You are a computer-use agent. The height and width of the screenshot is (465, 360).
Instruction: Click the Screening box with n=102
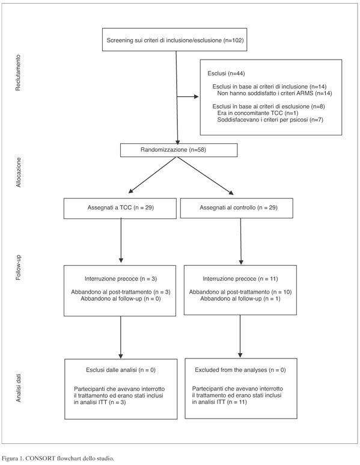174,40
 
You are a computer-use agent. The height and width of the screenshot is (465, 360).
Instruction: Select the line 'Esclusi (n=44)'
226,73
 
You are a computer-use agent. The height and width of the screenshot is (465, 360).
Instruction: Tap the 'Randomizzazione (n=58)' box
178,150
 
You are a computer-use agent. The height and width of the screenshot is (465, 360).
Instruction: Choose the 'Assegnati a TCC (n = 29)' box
120,208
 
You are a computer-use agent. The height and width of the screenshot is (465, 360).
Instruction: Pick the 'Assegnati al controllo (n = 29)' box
236,208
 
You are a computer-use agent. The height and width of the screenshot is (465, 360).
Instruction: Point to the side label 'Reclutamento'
19,72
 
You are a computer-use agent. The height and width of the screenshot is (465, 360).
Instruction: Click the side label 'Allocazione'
19,172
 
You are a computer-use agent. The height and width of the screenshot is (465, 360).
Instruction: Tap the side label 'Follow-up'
19,268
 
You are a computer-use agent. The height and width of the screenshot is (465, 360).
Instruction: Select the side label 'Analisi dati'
19,388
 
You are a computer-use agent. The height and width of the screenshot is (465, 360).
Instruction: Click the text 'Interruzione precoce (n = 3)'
121,279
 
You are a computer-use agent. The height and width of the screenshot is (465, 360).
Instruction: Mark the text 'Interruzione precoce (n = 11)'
240,279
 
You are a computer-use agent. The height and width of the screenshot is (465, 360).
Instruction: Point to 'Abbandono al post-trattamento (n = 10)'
240,292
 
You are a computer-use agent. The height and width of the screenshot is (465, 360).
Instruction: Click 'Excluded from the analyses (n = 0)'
240,370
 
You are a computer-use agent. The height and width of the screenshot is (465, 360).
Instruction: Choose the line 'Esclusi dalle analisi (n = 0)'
121,370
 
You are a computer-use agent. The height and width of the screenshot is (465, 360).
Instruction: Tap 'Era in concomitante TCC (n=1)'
258,113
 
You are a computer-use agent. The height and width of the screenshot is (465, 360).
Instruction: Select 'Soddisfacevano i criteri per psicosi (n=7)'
270,120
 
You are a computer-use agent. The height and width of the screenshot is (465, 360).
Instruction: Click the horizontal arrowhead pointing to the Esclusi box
196,97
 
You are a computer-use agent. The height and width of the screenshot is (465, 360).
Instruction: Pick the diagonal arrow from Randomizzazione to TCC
152,175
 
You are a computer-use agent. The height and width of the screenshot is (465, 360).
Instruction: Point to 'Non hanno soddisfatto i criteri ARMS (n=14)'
275,93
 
